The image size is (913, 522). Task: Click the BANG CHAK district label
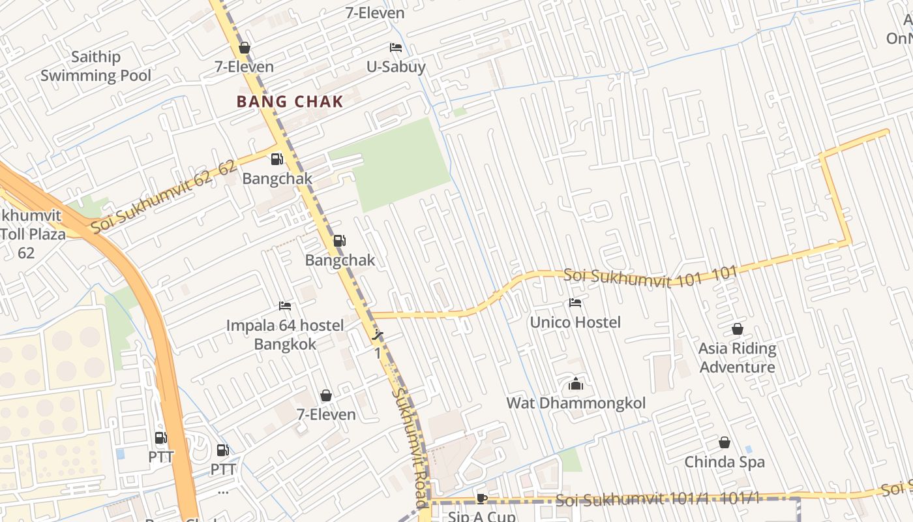tap(290, 102)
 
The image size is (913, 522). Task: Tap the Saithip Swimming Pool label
tap(95, 67)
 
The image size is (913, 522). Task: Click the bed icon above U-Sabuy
tap(395, 48)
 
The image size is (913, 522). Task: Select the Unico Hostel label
tap(575, 322)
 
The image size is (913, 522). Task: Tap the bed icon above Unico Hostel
tap(575, 303)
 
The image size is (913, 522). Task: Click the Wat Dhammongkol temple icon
tap(575, 384)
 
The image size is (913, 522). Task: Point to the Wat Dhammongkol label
tap(576, 403)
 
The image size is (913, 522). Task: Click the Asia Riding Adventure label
tap(737, 358)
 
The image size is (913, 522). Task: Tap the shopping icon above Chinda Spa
tap(724, 443)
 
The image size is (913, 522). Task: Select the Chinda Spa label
tap(724, 462)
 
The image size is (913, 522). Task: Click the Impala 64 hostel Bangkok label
tap(285, 334)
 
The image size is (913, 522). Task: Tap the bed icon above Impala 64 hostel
tap(285, 305)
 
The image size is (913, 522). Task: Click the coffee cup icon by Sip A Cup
tap(481, 499)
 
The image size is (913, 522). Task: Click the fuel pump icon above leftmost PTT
tap(160, 438)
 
